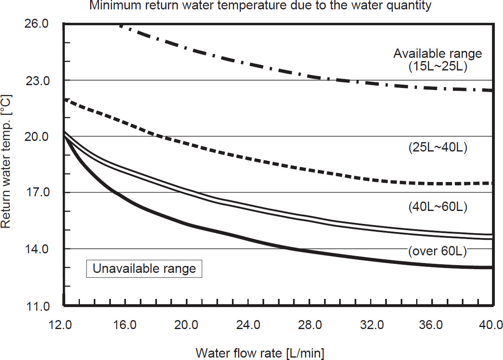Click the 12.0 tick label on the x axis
click(x=63, y=326)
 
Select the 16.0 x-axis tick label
click(x=125, y=326)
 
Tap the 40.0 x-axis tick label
click(x=491, y=326)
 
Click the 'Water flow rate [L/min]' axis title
click(x=260, y=353)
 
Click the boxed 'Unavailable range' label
click(x=144, y=269)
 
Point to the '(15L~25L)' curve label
click(x=437, y=67)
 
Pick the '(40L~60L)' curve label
click(x=437, y=207)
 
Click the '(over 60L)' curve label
click(x=437, y=251)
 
